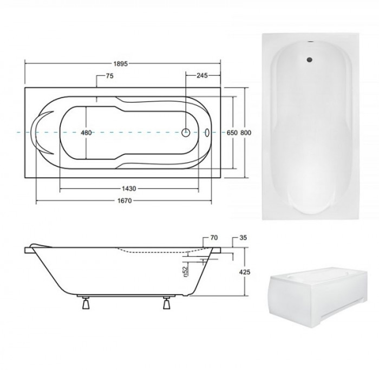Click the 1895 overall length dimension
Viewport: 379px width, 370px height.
coord(120,64)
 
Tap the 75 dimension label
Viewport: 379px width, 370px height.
coord(109,76)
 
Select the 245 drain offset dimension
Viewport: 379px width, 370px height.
coord(202,76)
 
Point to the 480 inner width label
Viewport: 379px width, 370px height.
coord(86,133)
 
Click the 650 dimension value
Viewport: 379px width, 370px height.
coord(232,133)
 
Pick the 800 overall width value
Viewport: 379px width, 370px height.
coord(246,133)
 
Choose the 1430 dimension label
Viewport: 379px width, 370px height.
coord(129,189)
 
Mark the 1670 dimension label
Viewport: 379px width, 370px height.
coord(125,201)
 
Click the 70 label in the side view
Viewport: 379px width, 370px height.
coord(214,238)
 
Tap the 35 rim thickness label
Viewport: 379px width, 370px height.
coord(243,238)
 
